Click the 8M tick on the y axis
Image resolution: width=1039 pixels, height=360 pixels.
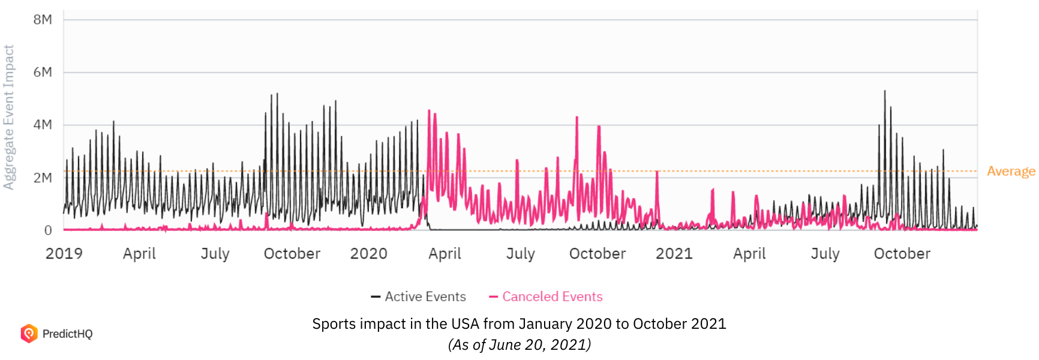click(x=43, y=20)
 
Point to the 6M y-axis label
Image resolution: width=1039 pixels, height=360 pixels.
click(x=43, y=73)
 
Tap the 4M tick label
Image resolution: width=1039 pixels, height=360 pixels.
click(x=43, y=125)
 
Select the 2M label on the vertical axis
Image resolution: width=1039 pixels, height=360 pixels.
click(x=43, y=178)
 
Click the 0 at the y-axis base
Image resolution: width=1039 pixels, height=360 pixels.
click(x=48, y=230)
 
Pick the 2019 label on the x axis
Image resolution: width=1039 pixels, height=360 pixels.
click(x=64, y=254)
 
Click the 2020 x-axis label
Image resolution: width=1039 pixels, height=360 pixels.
click(x=369, y=254)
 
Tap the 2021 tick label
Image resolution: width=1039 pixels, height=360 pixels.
click(x=674, y=254)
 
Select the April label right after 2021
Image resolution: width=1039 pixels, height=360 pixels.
click(x=749, y=254)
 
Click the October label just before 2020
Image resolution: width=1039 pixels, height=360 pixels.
click(x=292, y=254)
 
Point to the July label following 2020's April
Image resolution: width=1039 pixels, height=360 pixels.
click(x=520, y=254)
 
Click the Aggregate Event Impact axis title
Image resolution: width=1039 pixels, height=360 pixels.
click(x=8, y=118)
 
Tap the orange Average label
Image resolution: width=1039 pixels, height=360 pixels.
click(x=1011, y=172)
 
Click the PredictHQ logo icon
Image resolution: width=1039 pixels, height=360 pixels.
click(x=29, y=334)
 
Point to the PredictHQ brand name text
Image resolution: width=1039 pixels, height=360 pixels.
click(x=67, y=334)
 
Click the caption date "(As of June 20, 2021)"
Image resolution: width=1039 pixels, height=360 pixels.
click(x=519, y=345)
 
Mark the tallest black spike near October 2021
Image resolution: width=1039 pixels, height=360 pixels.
click(x=884, y=92)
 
